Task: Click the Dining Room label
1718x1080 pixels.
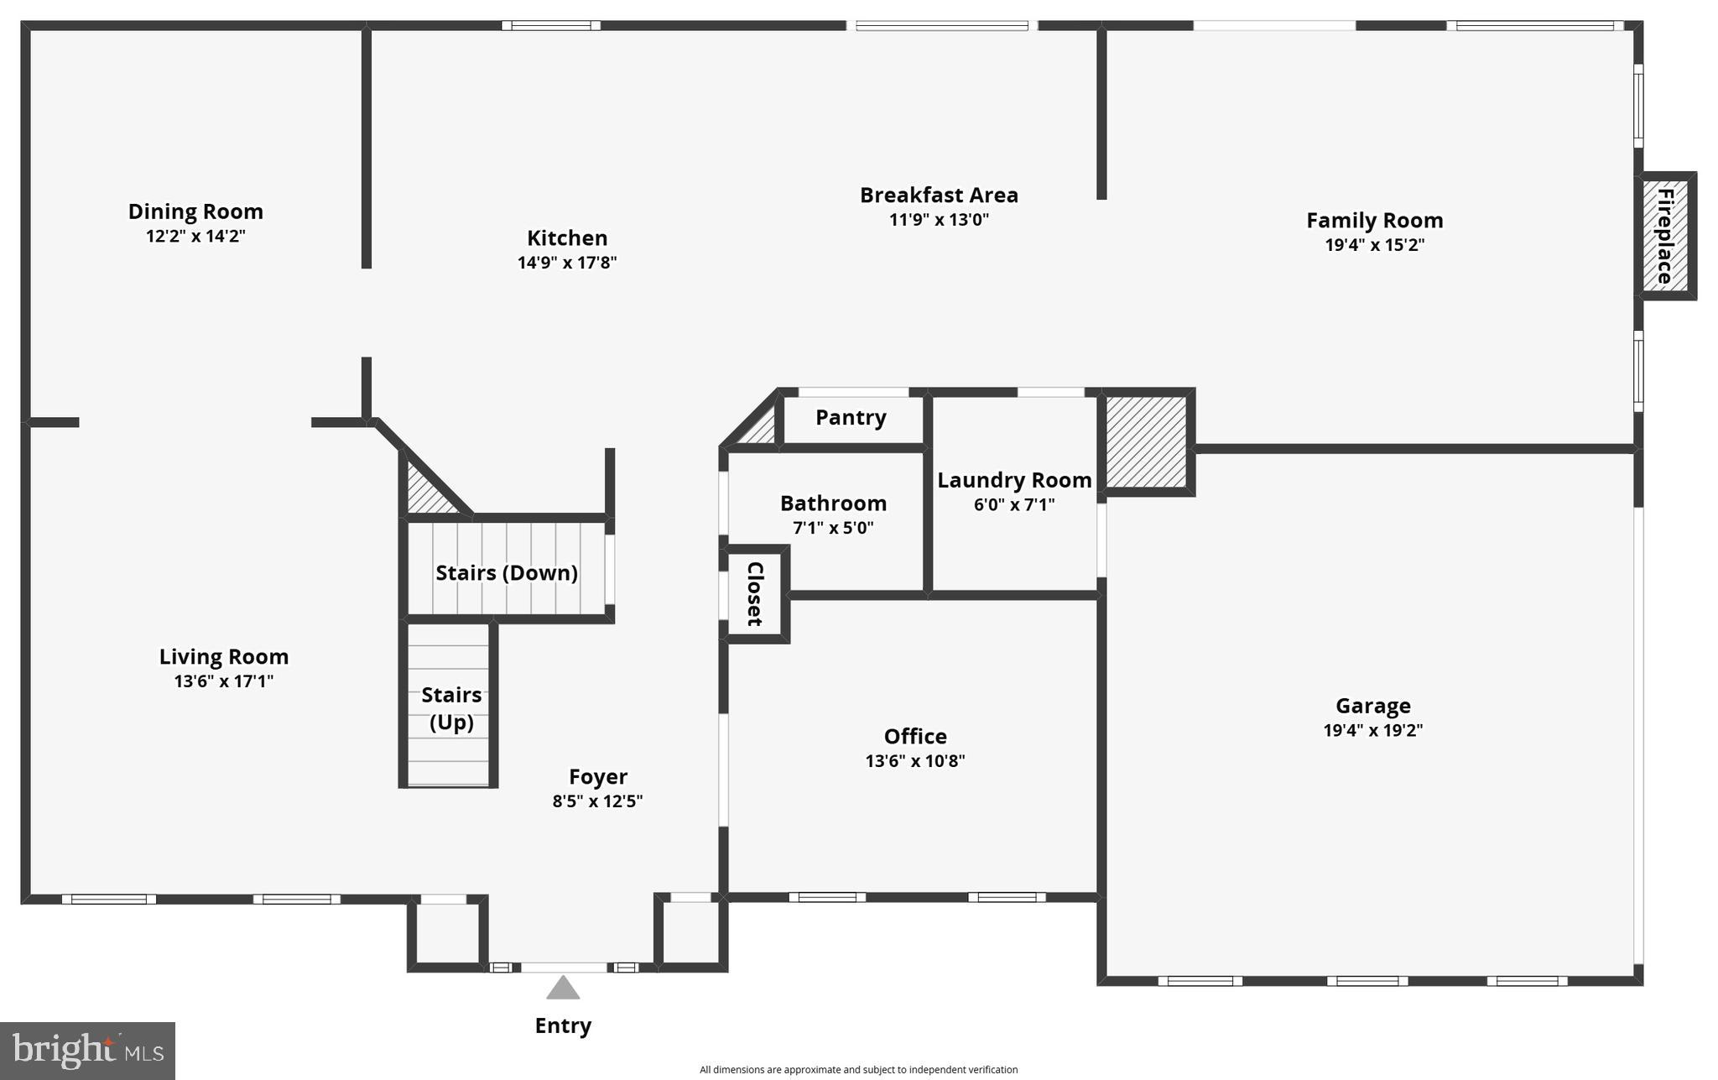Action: [195, 211]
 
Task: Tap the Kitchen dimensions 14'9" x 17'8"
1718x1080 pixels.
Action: [567, 263]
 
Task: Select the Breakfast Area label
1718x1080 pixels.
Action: [939, 196]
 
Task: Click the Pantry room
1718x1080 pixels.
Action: [851, 418]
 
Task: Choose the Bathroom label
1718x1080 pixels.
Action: [833, 503]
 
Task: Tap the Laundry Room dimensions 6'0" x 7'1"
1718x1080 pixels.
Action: [1014, 505]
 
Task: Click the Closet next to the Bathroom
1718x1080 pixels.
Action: [755, 594]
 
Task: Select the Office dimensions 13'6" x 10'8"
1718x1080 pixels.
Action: [915, 761]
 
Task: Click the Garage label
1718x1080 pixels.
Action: [1373, 706]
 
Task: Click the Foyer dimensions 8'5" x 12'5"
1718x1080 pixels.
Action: [597, 801]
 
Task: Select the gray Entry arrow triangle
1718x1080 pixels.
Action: [563, 989]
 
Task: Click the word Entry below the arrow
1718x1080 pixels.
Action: [563, 1025]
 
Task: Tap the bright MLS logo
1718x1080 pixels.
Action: [87, 1050]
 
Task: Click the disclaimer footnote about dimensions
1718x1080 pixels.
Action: [858, 1070]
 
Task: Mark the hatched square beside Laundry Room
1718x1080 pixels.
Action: [1146, 441]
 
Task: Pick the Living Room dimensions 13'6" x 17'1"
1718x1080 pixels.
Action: [224, 681]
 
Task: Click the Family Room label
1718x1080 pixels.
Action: [1374, 221]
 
